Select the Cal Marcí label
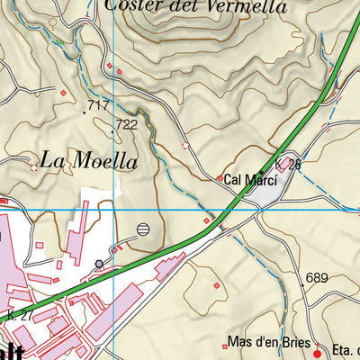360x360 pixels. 250,180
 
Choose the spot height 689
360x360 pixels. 316,278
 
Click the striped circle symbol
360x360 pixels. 144,229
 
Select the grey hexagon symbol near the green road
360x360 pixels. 99,263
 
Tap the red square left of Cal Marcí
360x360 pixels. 220,179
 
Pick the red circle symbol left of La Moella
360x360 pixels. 34,166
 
